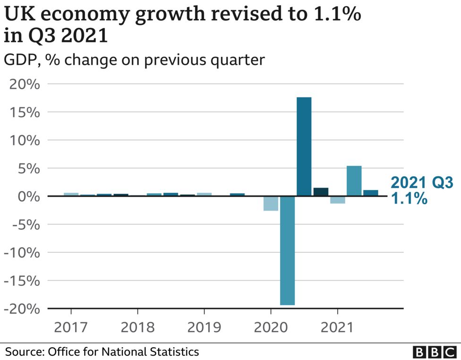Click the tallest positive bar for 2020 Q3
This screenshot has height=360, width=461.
point(304,146)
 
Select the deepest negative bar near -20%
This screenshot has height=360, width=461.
point(287,250)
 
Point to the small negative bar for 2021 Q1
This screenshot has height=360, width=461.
point(337,200)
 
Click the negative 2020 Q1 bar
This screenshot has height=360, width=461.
point(271,203)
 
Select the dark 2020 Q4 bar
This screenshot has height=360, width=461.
point(321,192)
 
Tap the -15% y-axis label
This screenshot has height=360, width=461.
point(21,281)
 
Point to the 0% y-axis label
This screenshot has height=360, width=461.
point(28,197)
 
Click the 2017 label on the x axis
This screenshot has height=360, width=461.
point(71,327)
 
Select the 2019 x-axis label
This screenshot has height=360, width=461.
point(204,327)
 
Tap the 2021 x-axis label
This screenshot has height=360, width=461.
point(337,327)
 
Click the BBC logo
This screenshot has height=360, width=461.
point(433,352)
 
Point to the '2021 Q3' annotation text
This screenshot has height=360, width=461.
point(422,182)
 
